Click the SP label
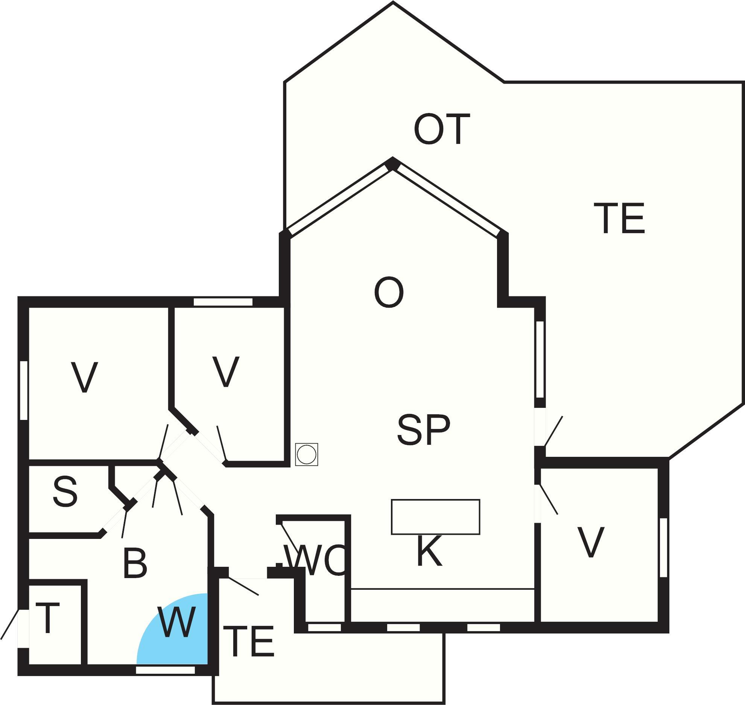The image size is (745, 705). click(x=424, y=430)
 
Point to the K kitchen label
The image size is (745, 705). click(x=429, y=551)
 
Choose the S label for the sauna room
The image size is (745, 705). click(x=65, y=491)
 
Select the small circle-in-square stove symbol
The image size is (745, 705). click(x=306, y=455)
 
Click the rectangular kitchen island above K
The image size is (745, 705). click(x=435, y=517)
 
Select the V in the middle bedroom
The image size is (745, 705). click(x=226, y=371)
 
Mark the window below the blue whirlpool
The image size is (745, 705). click(x=165, y=670)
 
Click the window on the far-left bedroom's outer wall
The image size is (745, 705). click(x=24, y=390)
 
